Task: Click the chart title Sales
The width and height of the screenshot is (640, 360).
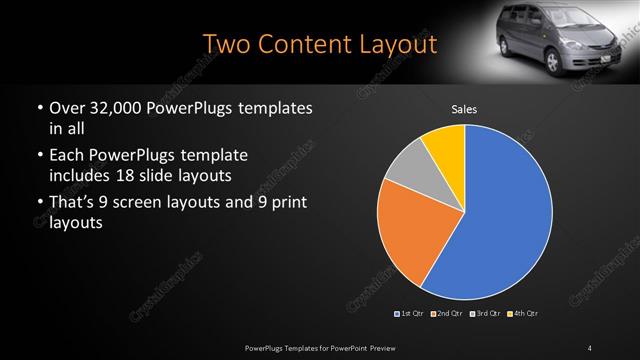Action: point(464,109)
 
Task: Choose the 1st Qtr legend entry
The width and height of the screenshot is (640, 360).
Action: point(411,314)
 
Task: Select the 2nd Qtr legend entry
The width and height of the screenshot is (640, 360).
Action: point(447,314)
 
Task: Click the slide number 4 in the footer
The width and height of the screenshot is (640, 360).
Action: point(590,346)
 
